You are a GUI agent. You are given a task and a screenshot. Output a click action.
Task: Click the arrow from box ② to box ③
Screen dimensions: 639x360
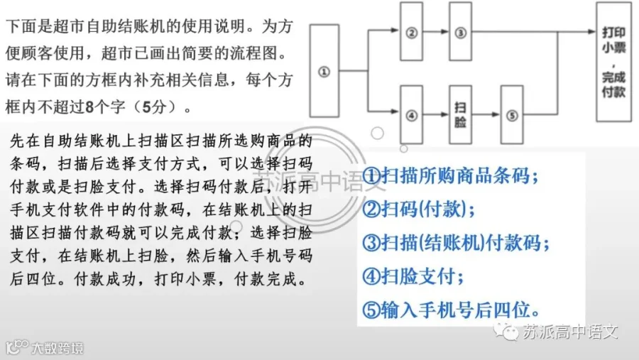[436, 31]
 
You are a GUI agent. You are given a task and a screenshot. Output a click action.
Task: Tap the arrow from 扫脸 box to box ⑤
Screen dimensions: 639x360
[486, 114]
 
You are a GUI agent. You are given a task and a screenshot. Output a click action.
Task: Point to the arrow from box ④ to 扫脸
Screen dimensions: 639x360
[436, 114]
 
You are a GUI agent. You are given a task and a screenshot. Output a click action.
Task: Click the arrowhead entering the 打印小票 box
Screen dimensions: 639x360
[592, 31]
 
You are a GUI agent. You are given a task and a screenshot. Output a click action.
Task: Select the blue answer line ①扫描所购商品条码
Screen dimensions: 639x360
[450, 176]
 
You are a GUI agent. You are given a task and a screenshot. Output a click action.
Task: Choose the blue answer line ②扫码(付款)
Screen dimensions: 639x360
[418, 209]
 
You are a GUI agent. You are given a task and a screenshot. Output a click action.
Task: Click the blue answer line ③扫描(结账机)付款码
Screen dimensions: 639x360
[456, 243]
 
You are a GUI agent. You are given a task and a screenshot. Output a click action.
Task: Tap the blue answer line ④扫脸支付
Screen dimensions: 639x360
[413, 276]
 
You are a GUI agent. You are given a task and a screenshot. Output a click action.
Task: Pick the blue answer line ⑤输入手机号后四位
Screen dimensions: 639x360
[451, 310]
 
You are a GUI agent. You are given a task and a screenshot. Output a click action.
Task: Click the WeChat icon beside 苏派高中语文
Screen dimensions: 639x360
[506, 331]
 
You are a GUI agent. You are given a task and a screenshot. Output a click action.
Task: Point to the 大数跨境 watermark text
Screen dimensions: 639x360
[58, 349]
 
